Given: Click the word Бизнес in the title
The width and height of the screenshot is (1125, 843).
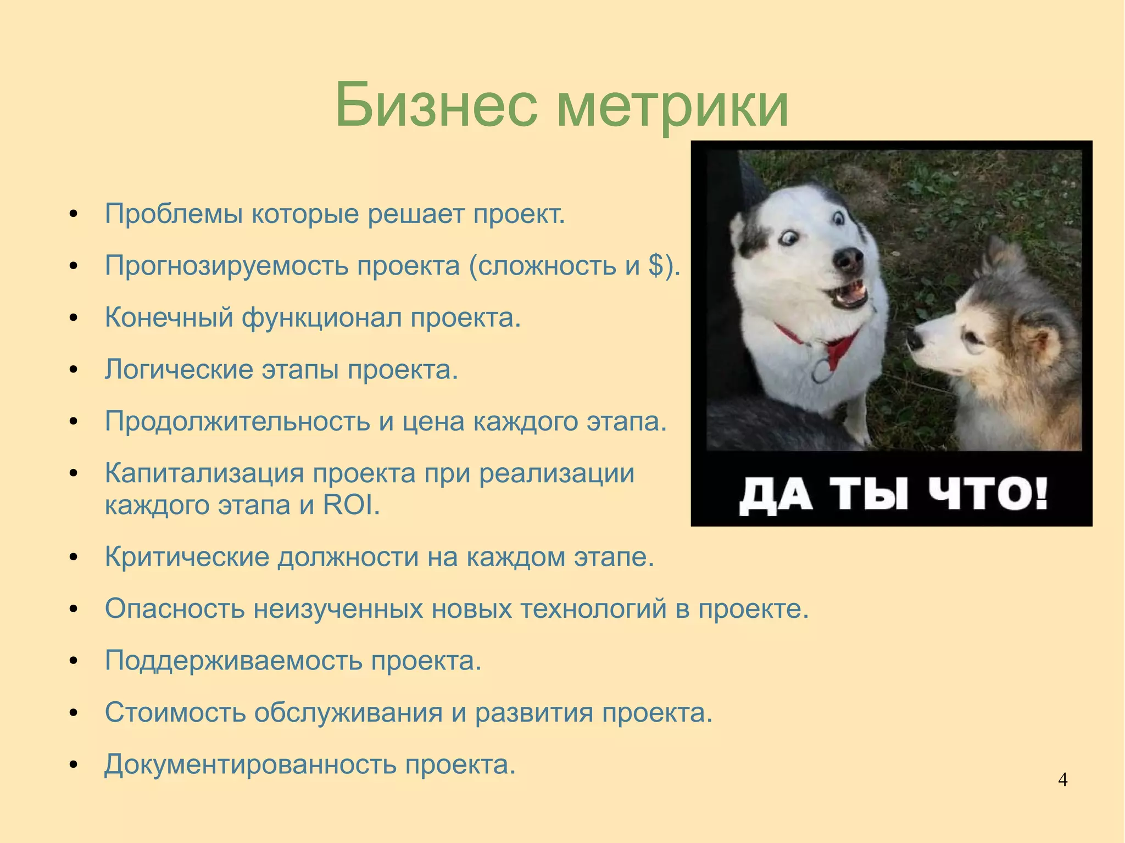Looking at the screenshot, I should click(x=436, y=104).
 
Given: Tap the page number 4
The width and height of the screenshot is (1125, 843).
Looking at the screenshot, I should click(x=1062, y=780).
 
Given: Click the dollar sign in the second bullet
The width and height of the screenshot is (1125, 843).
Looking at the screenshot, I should click(x=656, y=266).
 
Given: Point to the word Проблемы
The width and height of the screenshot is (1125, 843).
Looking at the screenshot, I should click(x=174, y=214).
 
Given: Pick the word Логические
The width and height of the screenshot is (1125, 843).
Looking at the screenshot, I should click(x=179, y=370).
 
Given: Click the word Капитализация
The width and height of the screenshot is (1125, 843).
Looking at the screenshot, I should click(x=204, y=473).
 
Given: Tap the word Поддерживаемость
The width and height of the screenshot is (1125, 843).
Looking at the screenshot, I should click(x=233, y=661).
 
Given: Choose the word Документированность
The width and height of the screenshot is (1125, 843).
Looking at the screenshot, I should click(x=250, y=764).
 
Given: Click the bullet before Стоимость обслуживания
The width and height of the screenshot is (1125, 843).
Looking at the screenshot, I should click(x=73, y=713).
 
